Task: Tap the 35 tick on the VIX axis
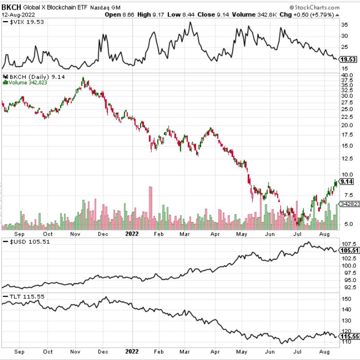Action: pos(344,25)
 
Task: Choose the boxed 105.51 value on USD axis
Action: pos(348,250)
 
